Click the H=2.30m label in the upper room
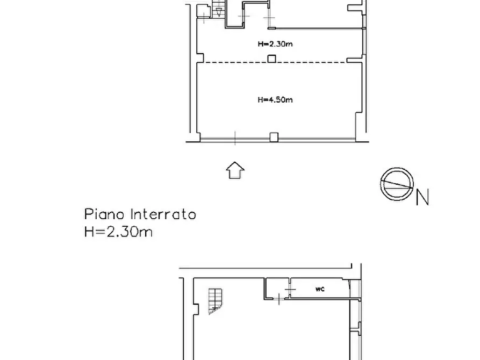click(x=275, y=45)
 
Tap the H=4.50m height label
click(x=275, y=99)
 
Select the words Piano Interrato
click(x=140, y=215)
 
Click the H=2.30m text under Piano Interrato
click(x=118, y=232)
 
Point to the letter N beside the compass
click(x=422, y=198)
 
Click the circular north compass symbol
click(x=397, y=184)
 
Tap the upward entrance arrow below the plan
click(x=235, y=170)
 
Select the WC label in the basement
click(x=319, y=289)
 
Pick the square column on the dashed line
click(x=273, y=59)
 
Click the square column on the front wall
click(x=274, y=137)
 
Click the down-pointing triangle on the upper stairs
click(x=218, y=13)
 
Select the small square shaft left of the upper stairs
click(x=204, y=11)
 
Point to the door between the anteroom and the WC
click(x=290, y=290)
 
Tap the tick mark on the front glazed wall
click(x=235, y=138)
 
